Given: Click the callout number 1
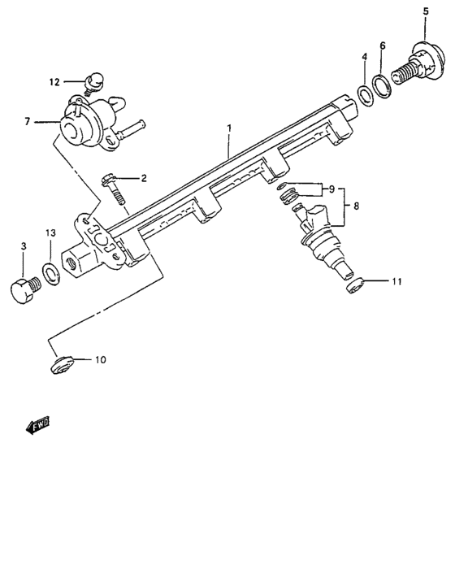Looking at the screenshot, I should click(x=230, y=128).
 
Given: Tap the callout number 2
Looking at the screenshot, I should click(x=144, y=178).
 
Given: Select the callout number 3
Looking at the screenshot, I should click(x=23, y=245).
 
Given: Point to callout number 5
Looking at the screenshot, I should click(x=425, y=11).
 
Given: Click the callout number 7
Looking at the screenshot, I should click(x=27, y=122).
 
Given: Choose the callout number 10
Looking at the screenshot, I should click(x=101, y=358).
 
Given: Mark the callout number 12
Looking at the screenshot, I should click(x=54, y=81).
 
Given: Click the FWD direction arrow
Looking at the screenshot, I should click(x=37, y=423).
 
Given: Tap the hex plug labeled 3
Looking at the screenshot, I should click(x=27, y=290).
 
